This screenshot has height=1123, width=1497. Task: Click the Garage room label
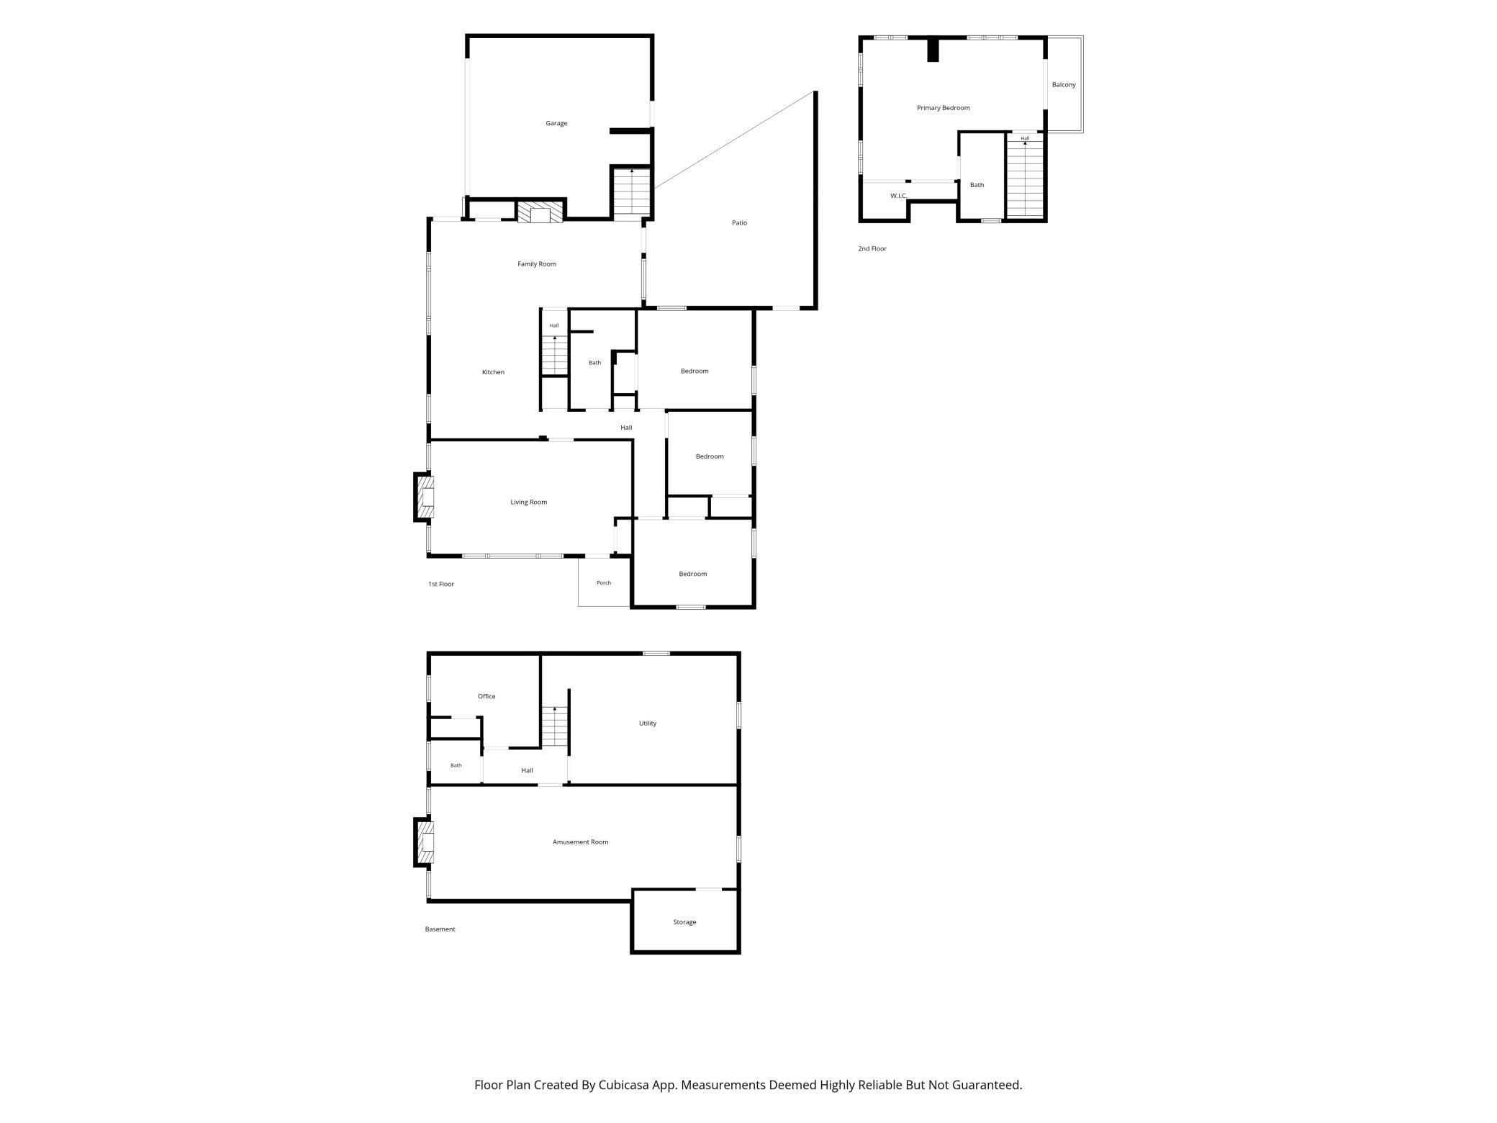[x=556, y=123]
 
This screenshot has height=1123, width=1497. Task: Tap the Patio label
[x=739, y=222]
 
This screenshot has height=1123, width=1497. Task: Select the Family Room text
[x=537, y=264]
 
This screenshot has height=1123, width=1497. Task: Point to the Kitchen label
[x=493, y=372]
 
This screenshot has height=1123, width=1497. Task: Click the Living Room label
[x=529, y=502]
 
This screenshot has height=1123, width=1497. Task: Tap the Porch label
[x=604, y=583]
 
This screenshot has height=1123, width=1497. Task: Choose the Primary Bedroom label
[x=943, y=108]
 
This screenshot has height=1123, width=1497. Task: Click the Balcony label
[x=1064, y=85]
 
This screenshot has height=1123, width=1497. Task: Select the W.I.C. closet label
[x=898, y=196]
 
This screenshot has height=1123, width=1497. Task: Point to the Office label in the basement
[x=487, y=696]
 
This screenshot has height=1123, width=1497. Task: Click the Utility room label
[x=648, y=723]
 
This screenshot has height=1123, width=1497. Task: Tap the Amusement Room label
[x=580, y=842]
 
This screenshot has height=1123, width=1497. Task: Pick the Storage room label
[x=684, y=922]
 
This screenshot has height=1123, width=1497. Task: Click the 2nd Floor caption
[x=872, y=249]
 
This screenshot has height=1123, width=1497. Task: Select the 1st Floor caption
[x=441, y=584]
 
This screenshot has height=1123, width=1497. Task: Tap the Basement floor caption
[x=440, y=929]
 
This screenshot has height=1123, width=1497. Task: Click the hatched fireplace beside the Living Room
[x=425, y=497]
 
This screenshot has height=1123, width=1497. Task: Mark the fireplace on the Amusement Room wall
[x=425, y=842]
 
